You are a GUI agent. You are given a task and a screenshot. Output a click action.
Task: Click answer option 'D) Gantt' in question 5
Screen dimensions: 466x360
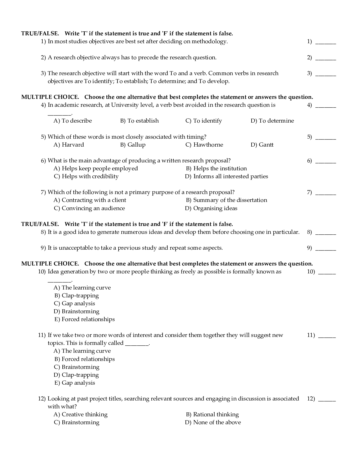[262, 145]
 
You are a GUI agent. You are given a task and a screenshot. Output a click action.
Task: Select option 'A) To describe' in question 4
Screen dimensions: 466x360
[73, 121]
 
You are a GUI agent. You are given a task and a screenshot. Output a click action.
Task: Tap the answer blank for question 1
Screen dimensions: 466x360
[325, 43]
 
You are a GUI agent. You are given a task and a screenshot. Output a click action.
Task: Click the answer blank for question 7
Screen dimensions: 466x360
[325, 194]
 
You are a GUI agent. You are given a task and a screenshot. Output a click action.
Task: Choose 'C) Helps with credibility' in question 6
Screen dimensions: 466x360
[86, 177]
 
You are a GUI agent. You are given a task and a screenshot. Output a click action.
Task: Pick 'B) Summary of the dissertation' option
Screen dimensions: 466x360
[226, 200]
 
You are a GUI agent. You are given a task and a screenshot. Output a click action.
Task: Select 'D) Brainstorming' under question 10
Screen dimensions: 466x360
[77, 312]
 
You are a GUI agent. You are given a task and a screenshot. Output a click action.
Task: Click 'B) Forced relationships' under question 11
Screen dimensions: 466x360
[84, 359]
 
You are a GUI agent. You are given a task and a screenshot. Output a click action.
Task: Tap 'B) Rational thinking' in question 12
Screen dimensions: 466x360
[212, 415]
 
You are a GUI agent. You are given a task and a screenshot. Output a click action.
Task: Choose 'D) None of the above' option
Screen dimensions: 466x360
[213, 423]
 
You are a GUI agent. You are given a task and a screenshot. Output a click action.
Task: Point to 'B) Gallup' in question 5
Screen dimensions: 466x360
[133, 145]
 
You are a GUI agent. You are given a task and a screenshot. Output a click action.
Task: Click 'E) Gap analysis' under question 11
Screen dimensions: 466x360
[75, 383]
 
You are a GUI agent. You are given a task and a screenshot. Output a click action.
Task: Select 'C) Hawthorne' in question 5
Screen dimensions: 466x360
[204, 145]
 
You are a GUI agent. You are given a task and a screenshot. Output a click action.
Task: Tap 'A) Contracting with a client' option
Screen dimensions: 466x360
[90, 200]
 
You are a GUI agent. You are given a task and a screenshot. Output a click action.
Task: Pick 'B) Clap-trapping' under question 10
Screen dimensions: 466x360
[77, 296]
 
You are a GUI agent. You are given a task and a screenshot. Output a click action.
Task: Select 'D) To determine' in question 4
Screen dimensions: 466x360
[272, 121]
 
